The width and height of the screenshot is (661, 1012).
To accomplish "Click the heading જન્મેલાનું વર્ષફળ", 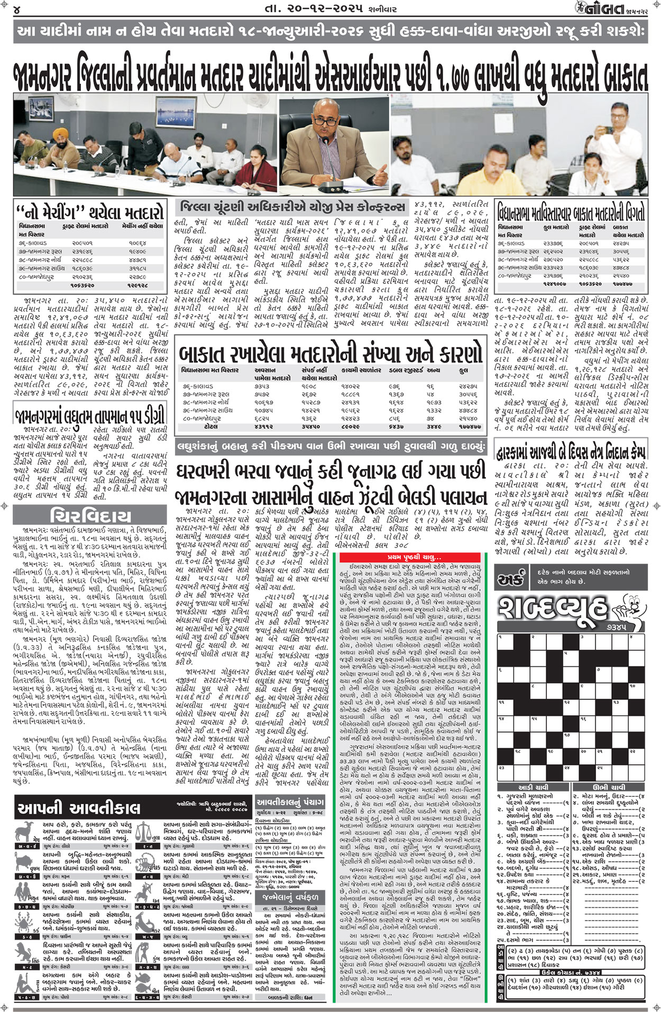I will (x=290, y=897).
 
